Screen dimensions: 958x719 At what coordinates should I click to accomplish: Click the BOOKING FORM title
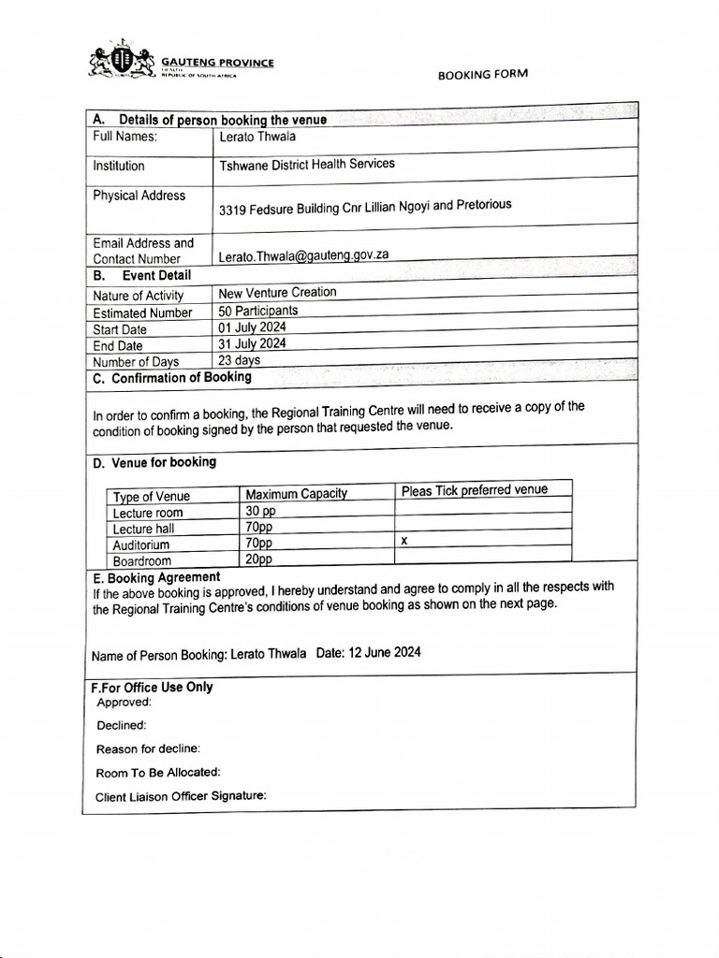[x=482, y=75]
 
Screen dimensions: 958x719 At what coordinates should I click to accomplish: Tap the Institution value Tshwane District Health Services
[x=306, y=164]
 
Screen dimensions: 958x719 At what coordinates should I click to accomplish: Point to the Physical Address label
[x=139, y=196]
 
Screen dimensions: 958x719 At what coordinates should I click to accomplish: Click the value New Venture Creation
[x=276, y=293]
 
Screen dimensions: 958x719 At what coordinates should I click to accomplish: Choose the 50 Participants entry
[x=257, y=311]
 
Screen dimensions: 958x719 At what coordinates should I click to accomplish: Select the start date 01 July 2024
[x=252, y=327]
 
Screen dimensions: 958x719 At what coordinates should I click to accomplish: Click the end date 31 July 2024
[x=252, y=343]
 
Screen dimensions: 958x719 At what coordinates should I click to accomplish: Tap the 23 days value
[x=239, y=359]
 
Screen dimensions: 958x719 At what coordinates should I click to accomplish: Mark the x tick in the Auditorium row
[x=404, y=541]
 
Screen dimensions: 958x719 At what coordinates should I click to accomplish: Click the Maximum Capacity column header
[x=296, y=494]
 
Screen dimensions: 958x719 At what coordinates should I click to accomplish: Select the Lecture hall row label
[x=143, y=529]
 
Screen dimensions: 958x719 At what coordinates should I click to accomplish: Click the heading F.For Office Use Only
[x=152, y=687]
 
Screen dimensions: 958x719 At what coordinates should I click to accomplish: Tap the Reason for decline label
[x=148, y=748]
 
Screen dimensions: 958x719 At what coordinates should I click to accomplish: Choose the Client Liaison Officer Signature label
[x=181, y=796]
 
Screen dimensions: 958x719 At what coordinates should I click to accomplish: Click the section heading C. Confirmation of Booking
[x=172, y=378]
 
